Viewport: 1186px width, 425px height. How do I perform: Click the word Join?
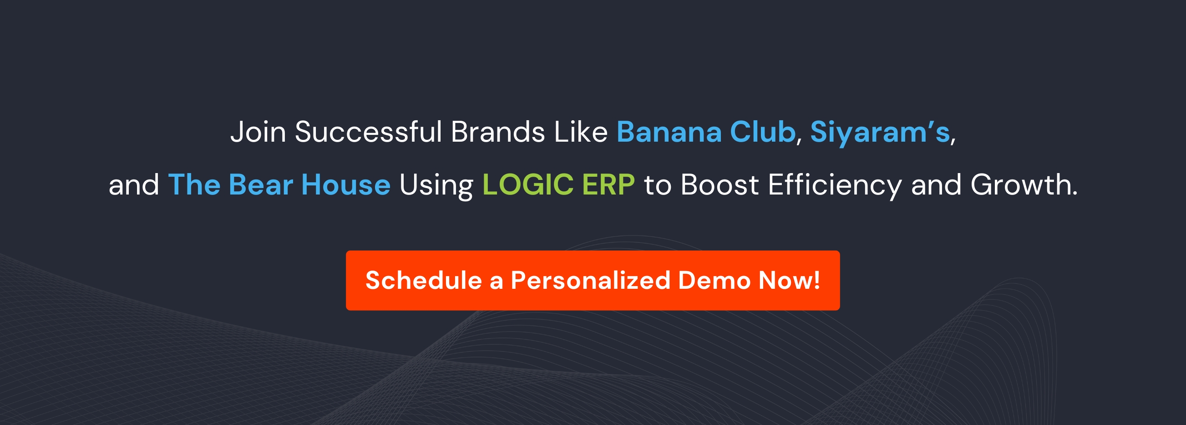pos(258,132)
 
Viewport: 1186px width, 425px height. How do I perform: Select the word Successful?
pos(368,132)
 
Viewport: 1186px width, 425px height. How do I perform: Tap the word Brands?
pos(498,132)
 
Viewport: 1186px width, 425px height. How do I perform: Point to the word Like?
pos(581,132)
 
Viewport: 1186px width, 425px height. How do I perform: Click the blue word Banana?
pos(669,132)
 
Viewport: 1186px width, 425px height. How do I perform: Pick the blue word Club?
pos(763,132)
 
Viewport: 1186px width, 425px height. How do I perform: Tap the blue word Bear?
pos(261,185)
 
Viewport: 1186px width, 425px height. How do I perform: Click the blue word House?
pos(346,185)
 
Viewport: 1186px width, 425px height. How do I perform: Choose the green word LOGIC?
pos(527,185)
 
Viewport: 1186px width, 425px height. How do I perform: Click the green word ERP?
pos(608,185)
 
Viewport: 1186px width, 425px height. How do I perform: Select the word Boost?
pos(720,185)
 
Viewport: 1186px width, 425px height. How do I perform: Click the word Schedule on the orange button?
pos(424,280)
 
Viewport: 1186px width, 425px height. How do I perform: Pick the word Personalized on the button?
pos(590,280)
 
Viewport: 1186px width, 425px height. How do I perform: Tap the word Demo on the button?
pos(714,280)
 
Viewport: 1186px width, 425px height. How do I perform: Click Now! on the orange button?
pos(789,280)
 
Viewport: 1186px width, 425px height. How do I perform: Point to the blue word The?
pos(194,185)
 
